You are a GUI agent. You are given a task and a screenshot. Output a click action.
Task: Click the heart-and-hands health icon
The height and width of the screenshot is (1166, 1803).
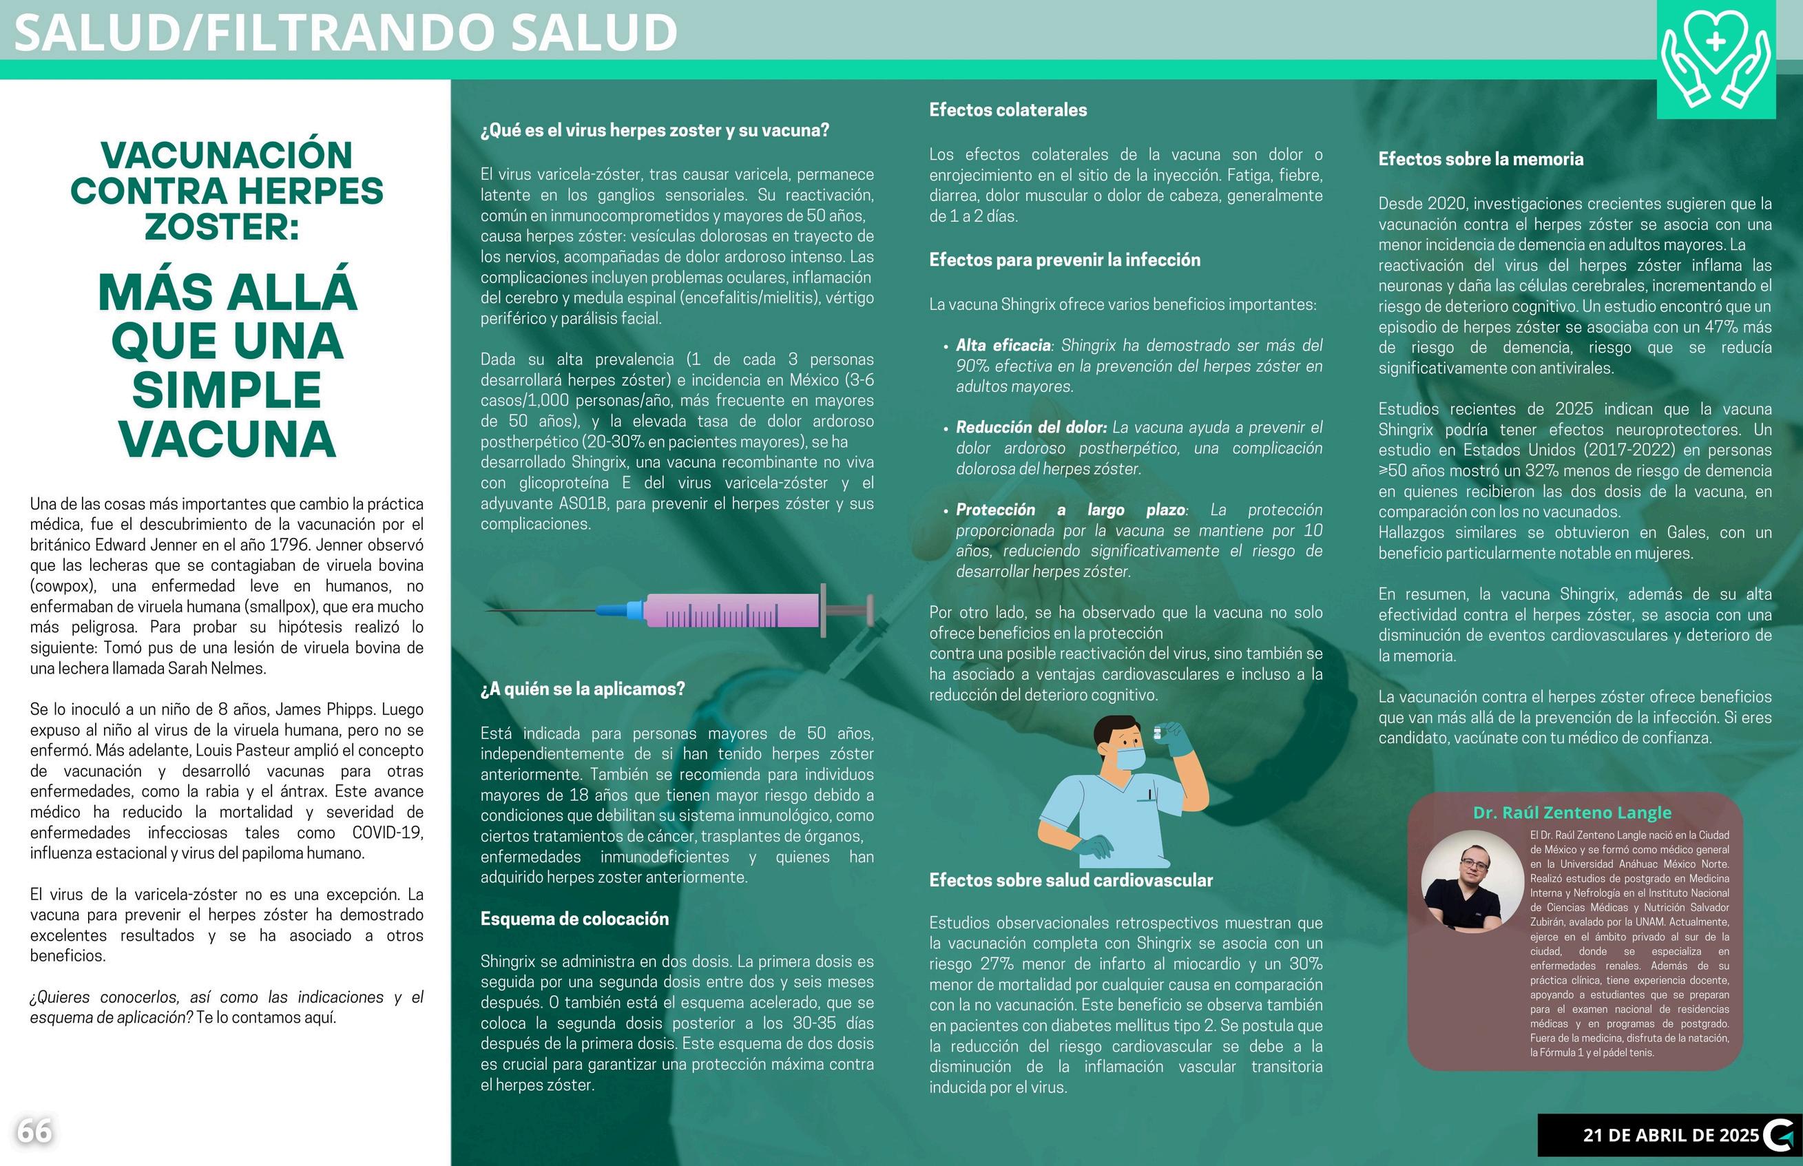1716,60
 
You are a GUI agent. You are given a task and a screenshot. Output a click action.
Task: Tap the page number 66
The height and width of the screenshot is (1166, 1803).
35,1131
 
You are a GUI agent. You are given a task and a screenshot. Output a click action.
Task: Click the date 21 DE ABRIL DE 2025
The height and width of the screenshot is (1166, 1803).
1671,1135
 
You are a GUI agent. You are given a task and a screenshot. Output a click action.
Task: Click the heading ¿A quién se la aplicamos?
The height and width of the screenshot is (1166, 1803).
582,689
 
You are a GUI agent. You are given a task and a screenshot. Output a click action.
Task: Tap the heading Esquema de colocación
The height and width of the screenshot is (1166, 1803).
574,919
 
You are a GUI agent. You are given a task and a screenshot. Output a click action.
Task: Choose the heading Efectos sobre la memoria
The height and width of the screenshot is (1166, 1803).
1481,160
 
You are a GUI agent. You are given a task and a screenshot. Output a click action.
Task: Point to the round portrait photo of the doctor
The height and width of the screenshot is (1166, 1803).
1472,882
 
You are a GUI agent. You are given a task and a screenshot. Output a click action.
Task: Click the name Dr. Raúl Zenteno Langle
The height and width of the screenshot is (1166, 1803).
1572,813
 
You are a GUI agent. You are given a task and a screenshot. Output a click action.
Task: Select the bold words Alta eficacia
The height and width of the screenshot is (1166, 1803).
1003,346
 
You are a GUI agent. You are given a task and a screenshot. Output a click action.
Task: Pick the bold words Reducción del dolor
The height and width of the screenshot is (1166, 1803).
1031,428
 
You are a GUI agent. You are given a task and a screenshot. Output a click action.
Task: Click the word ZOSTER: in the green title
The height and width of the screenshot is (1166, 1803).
222,227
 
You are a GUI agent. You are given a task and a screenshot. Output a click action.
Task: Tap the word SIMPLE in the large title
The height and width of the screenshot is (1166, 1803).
227,390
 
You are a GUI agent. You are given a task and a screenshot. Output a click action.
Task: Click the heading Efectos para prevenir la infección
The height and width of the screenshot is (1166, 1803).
1064,260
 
